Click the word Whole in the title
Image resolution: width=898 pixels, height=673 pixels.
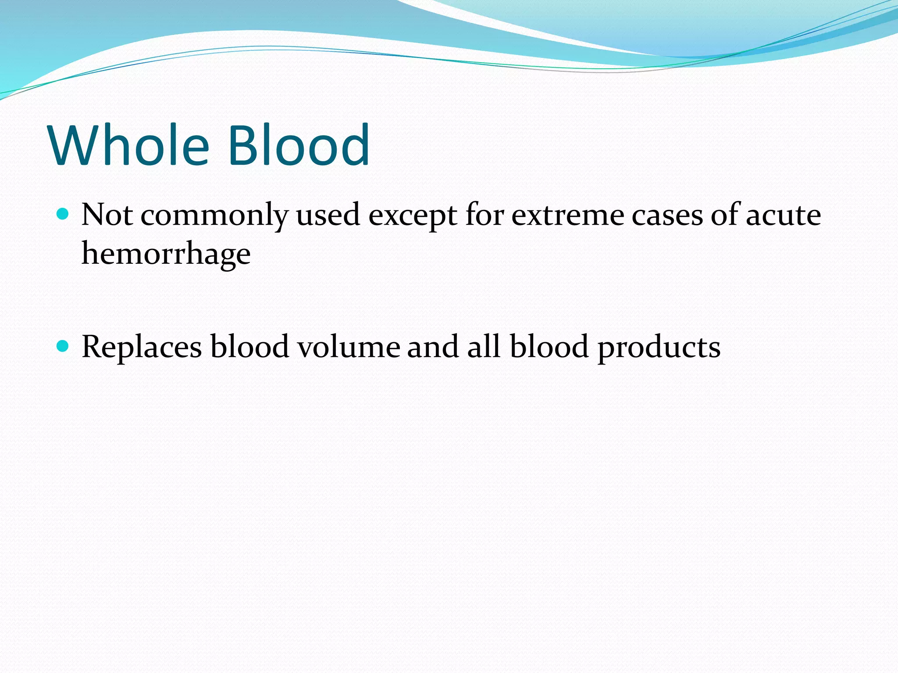point(129,145)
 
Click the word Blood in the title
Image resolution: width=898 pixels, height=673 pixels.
point(299,145)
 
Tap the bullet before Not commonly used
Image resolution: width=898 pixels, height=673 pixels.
point(63,214)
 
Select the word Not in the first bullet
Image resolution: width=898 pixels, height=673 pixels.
point(107,215)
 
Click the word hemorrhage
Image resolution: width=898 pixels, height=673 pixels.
point(166,254)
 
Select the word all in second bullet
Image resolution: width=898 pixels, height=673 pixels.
point(484,347)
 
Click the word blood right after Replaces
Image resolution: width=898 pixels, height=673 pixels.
point(250,347)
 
